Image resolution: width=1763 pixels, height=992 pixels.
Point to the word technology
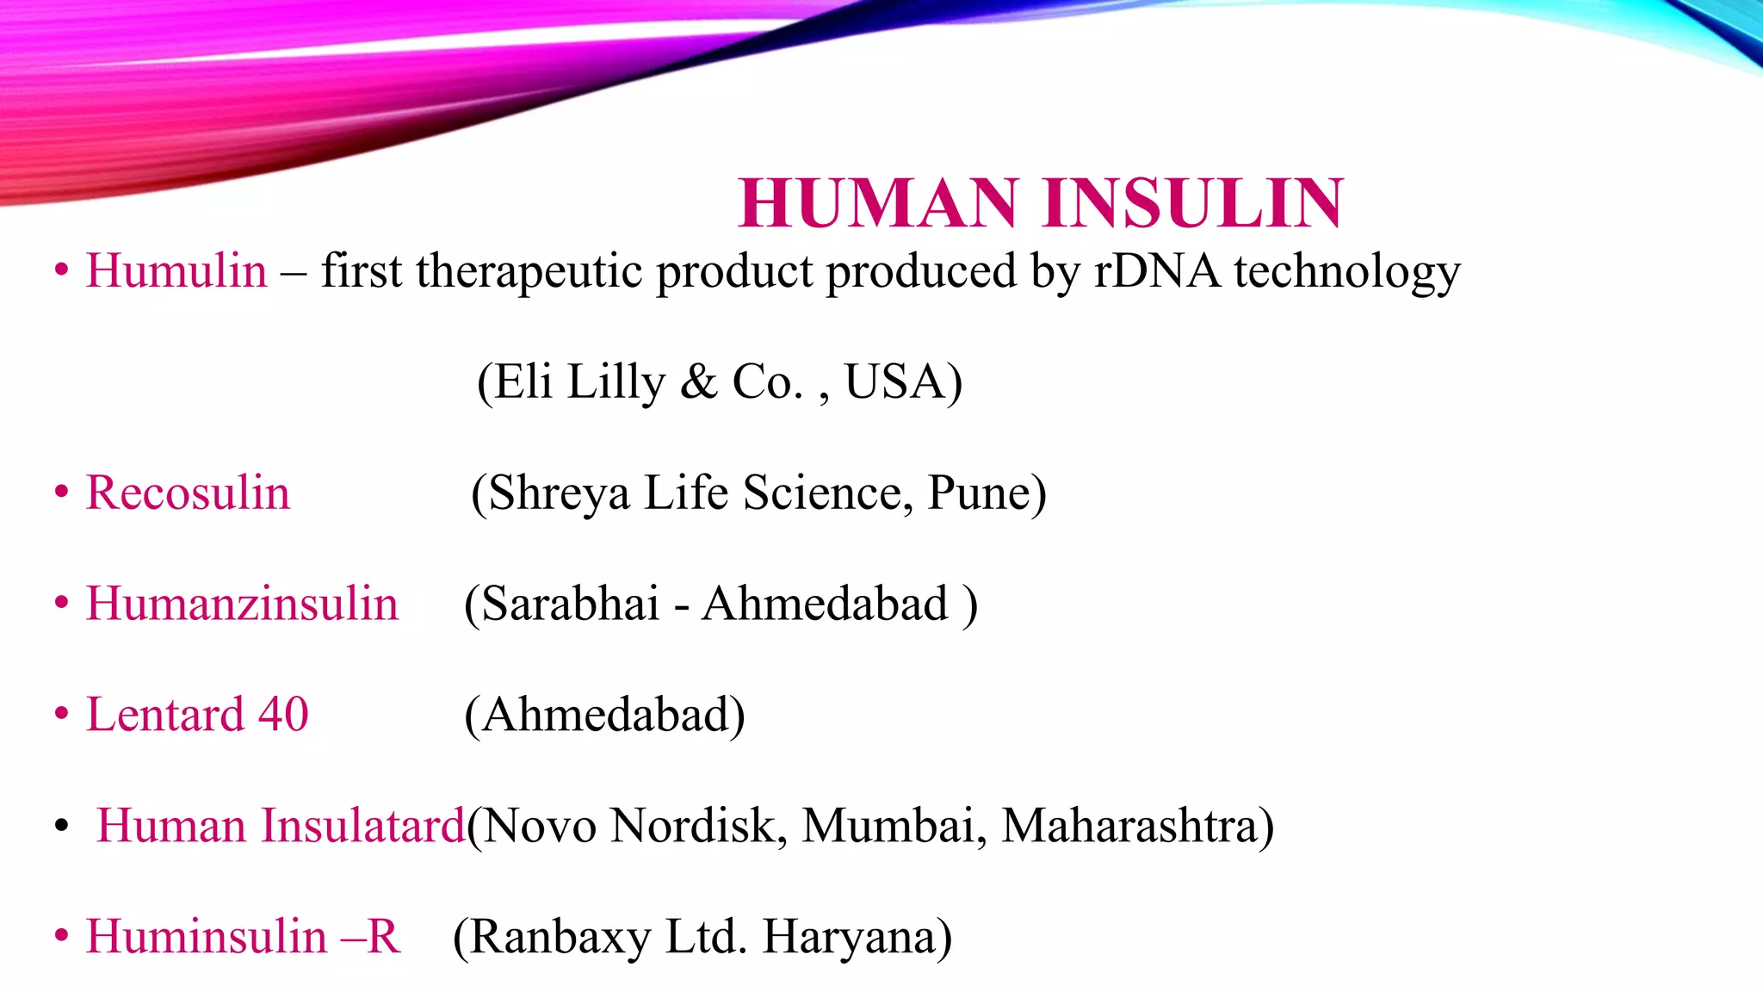[x=1347, y=272]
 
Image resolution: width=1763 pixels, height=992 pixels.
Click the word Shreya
[x=551, y=493]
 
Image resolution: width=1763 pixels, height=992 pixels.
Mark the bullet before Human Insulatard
[x=61, y=826]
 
